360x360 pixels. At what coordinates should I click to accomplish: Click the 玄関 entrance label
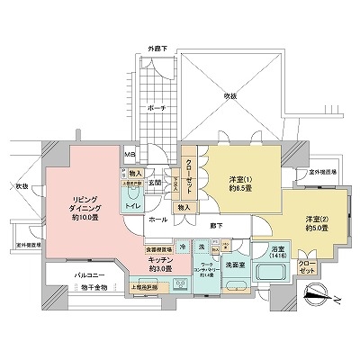[155, 182]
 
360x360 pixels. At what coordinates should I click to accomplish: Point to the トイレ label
[131, 203]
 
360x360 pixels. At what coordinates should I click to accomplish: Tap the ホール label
[157, 218]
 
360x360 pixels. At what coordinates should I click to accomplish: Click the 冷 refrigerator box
[183, 246]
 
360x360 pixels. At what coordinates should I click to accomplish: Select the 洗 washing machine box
[202, 246]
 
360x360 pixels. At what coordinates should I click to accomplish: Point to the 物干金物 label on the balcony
[93, 287]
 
